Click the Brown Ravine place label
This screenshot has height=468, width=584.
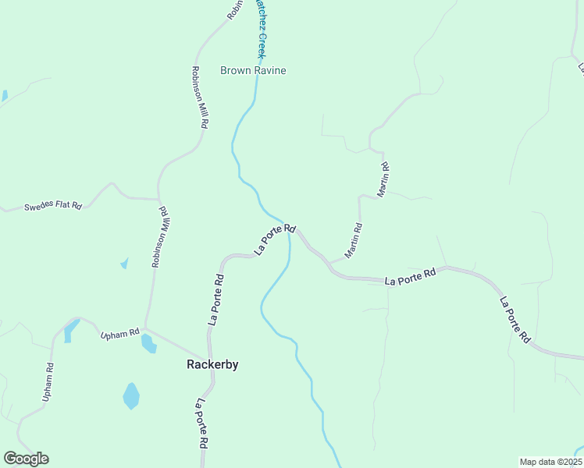253,70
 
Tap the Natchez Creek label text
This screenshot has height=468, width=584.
261,29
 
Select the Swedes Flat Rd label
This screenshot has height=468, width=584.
53,206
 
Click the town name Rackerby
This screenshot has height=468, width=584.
212,364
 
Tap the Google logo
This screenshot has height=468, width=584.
26,459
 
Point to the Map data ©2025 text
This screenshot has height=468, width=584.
550,462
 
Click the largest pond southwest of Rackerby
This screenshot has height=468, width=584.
131,396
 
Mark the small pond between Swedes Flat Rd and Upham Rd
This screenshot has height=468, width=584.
124,264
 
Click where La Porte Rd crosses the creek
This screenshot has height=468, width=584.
289,232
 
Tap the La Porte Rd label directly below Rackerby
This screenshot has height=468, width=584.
201,423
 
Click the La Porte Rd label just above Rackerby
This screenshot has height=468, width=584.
215,300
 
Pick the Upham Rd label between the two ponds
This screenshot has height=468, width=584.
119,334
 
